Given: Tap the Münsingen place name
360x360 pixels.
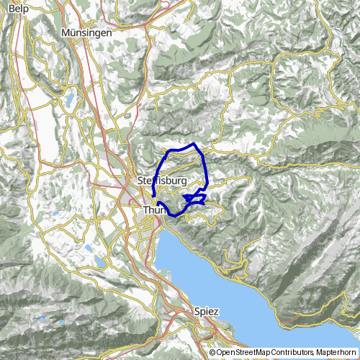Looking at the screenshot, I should coord(86,34).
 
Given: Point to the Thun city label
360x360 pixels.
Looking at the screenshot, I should coord(155,210).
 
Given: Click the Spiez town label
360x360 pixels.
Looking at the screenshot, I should coord(207,311).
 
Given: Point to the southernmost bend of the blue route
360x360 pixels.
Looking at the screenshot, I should coord(176,215).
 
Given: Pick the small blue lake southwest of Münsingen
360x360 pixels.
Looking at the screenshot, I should coord(70,100).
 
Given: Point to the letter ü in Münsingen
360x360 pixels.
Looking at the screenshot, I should coord(74,34).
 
